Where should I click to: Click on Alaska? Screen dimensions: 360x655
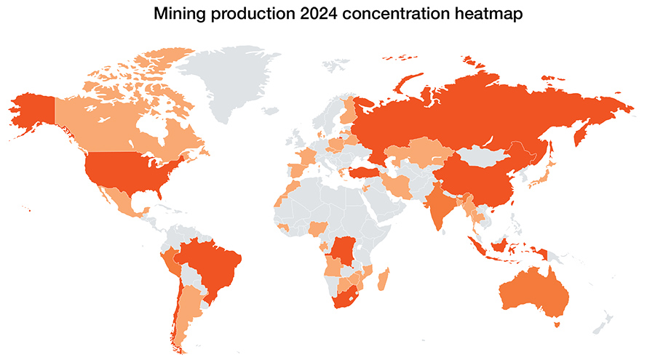33,113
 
